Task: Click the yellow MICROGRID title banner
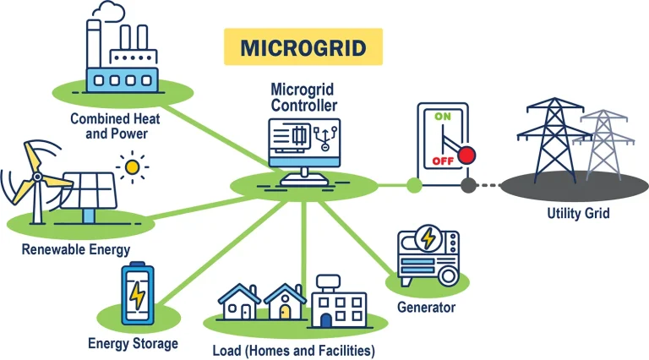(x=303, y=46)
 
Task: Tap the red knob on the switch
(x=466, y=155)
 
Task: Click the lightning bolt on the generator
(x=429, y=238)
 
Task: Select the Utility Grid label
(x=578, y=213)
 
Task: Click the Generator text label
(x=427, y=308)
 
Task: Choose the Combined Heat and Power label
(x=116, y=126)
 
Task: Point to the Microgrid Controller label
(x=303, y=97)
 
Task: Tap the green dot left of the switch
(x=413, y=184)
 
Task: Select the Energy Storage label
(x=133, y=343)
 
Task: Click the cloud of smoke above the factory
(x=109, y=10)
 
